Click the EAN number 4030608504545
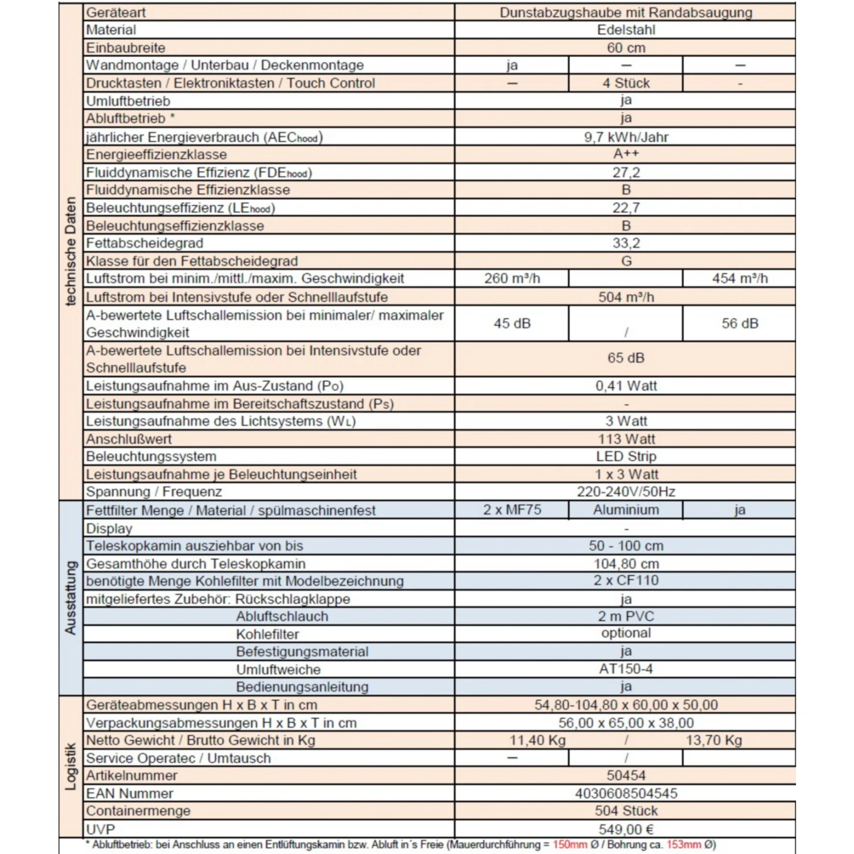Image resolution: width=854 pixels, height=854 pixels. [626, 793]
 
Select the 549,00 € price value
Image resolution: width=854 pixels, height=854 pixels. [626, 830]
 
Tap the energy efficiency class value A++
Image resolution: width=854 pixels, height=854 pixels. [626, 154]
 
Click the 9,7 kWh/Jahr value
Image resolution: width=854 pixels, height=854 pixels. [626, 137]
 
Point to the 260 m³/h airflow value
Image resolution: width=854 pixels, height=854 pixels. [512, 278]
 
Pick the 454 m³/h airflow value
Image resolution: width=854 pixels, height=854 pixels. [740, 278]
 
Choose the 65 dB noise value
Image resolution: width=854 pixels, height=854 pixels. [626, 358]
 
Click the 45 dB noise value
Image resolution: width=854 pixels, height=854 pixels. [512, 323]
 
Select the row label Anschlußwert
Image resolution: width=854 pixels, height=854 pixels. [129, 439]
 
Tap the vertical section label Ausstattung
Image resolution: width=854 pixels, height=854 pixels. [71, 598]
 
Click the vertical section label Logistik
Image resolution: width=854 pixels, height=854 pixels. [71, 766]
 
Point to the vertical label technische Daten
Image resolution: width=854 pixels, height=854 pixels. [71, 251]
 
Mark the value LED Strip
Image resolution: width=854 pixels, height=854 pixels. [626, 457]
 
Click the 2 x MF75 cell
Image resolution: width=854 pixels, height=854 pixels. [512, 510]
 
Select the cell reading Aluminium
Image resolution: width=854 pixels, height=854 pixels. [626, 510]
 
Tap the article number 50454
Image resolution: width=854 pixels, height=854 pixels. [626, 775]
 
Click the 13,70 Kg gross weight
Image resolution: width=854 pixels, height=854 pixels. [714, 740]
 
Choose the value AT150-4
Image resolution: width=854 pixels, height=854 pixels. [626, 669]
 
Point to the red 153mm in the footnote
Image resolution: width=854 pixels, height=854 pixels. [683, 844]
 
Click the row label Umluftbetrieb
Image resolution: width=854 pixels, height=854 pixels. [128, 101]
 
